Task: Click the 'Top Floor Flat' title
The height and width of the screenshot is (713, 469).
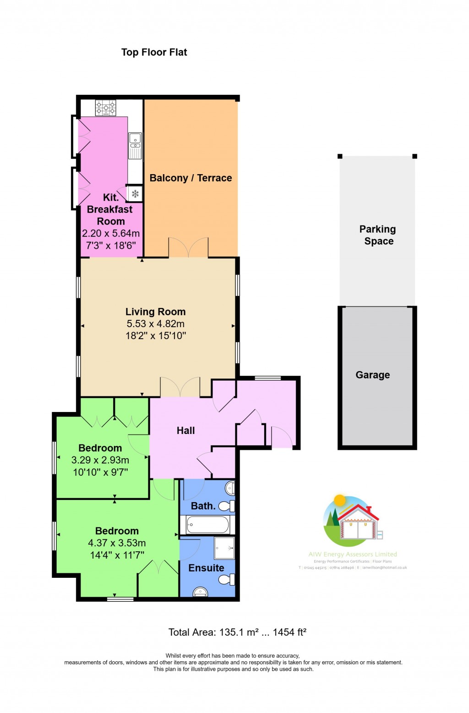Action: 154,52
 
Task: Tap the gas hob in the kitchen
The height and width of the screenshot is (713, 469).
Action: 105,108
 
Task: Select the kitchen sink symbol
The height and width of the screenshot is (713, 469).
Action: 135,145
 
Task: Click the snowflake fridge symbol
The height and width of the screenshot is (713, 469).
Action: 135,194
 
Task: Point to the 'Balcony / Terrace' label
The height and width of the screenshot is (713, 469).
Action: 191,178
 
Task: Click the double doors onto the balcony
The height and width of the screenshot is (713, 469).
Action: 188,248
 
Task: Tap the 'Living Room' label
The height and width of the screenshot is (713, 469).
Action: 155,312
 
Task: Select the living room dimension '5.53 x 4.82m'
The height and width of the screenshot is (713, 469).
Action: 155,324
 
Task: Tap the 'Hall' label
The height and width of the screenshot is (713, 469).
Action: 185,430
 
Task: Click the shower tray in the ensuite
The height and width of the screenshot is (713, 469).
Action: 224,548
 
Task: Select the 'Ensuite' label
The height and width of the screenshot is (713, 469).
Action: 206,568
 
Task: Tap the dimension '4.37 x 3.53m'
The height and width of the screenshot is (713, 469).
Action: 117,543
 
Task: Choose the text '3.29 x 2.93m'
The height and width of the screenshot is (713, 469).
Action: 100,460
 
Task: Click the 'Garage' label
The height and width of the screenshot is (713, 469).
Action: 372,375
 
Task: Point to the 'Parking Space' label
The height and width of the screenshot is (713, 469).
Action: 378,235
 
